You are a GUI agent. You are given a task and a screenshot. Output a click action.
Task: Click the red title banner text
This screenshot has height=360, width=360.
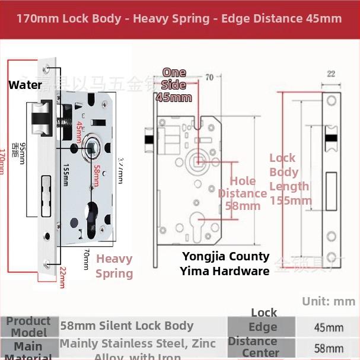click(179, 18)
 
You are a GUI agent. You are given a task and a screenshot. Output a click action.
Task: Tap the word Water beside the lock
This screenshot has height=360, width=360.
click(25, 85)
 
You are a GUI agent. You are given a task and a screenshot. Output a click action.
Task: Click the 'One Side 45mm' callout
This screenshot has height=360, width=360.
click(174, 85)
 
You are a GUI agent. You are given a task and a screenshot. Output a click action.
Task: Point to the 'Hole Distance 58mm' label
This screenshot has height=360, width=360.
click(243, 193)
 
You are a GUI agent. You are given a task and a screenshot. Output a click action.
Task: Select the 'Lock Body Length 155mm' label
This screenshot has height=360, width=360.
click(290, 179)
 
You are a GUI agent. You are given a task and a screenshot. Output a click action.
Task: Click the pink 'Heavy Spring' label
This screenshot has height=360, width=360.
click(114, 266)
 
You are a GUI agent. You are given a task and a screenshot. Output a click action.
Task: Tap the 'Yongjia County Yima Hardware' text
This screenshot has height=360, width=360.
click(225, 264)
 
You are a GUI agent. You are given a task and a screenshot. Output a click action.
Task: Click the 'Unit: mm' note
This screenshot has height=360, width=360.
click(329, 301)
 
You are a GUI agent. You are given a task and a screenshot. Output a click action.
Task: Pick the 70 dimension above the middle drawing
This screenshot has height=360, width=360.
click(209, 77)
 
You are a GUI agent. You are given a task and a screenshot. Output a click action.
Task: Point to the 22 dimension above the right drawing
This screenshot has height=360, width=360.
click(331, 74)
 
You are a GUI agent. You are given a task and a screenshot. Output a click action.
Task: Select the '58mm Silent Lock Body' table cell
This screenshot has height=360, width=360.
click(127, 326)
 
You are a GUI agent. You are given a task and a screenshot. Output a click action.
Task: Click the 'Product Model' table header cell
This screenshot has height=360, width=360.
click(28, 327)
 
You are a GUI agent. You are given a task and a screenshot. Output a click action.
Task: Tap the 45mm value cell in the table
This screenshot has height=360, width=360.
click(328, 327)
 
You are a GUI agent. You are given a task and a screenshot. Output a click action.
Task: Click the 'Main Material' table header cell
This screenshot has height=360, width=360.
click(28, 349)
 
